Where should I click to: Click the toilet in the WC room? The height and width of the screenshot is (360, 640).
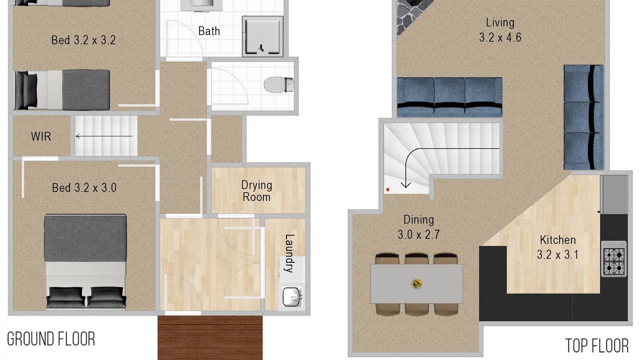(279, 84)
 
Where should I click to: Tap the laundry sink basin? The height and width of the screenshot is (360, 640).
(292, 297)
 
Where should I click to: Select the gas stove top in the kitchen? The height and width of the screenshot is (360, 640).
(614, 259)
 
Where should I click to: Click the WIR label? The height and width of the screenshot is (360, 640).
(41, 136)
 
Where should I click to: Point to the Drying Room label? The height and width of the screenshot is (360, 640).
(256, 191)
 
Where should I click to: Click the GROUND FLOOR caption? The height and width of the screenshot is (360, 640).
(51, 339)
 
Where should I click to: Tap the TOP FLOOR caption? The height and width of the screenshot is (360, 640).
(597, 345)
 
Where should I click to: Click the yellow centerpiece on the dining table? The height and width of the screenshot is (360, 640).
(416, 283)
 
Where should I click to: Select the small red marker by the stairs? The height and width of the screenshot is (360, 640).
(387, 189)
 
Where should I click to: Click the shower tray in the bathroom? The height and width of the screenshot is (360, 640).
(263, 36)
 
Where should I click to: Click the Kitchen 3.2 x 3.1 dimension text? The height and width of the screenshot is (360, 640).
(557, 247)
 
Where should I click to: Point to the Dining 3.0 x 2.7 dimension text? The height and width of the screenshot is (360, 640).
(418, 227)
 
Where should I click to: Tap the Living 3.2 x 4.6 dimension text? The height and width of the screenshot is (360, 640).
(500, 30)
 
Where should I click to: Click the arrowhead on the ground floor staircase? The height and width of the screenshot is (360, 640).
(77, 136)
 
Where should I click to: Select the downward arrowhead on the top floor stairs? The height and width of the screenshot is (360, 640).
(405, 184)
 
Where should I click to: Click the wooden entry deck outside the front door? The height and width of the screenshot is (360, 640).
(210, 337)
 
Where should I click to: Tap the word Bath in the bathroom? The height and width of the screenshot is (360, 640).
(209, 31)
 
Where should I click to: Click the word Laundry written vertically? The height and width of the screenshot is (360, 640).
(289, 253)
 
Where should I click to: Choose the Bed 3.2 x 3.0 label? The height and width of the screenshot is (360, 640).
(84, 187)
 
